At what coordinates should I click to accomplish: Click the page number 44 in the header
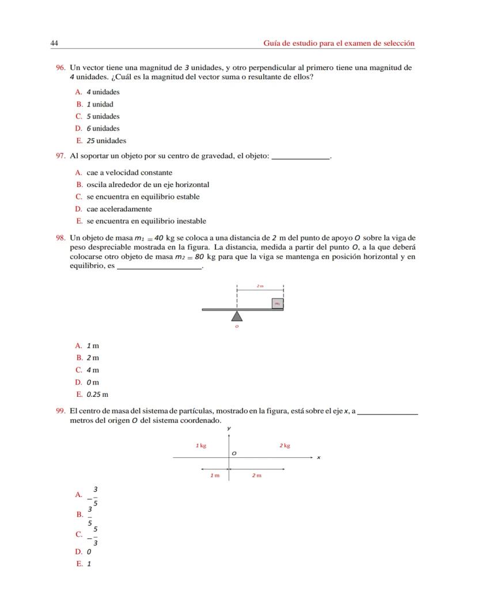click(x=54, y=44)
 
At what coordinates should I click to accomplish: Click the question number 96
click(x=60, y=68)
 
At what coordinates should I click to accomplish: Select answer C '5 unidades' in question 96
click(x=103, y=117)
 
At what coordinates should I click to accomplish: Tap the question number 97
click(x=60, y=156)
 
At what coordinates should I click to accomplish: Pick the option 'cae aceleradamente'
click(x=119, y=209)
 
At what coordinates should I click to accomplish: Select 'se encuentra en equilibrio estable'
click(x=142, y=197)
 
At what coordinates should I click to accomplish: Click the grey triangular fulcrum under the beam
click(x=237, y=316)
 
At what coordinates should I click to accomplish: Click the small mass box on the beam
click(x=277, y=303)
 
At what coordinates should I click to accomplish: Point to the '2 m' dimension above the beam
click(x=260, y=286)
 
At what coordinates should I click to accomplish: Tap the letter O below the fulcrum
click(x=237, y=327)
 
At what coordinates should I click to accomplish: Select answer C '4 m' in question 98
click(x=92, y=370)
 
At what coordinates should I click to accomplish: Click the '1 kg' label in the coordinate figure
click(x=201, y=446)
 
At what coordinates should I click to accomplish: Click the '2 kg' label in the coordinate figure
click(x=285, y=446)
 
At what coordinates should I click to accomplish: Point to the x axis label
click(x=318, y=458)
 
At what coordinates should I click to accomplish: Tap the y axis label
click(x=229, y=429)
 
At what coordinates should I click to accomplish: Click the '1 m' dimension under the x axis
click(x=214, y=476)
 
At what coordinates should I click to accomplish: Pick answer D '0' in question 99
click(x=88, y=552)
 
